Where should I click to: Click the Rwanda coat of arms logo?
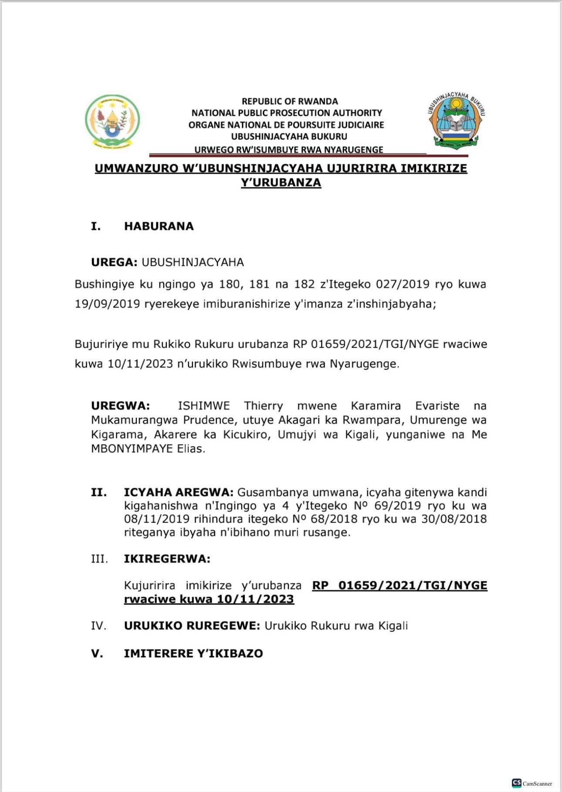click(x=112, y=122)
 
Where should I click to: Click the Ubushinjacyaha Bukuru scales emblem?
click(x=456, y=120)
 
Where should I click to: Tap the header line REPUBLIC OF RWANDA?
click(x=290, y=101)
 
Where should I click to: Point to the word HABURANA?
click(x=159, y=226)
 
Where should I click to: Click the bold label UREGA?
click(x=114, y=262)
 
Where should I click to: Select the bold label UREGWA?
click(x=120, y=406)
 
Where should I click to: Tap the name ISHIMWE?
click(x=203, y=406)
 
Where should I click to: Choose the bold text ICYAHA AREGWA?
click(x=179, y=493)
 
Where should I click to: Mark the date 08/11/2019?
click(x=156, y=519)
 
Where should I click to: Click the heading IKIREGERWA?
click(x=167, y=559)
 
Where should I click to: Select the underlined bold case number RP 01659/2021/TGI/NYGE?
click(x=399, y=585)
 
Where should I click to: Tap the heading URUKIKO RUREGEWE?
click(x=192, y=626)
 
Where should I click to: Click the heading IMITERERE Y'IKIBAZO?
click(x=193, y=653)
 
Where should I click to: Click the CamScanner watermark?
click(x=532, y=783)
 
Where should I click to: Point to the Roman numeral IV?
click(x=98, y=626)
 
